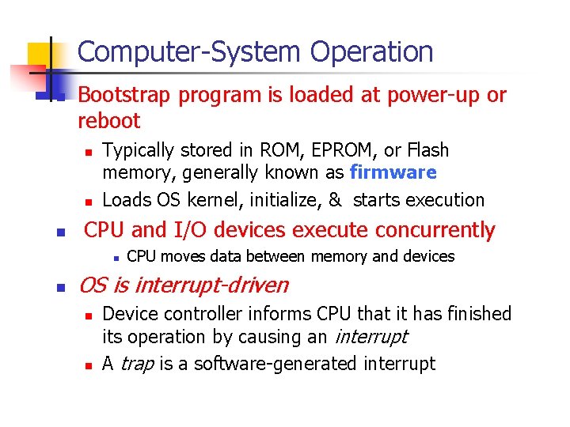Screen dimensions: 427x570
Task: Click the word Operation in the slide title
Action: (x=371, y=53)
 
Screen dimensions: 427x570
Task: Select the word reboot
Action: (x=109, y=121)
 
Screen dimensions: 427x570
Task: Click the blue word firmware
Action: (x=393, y=172)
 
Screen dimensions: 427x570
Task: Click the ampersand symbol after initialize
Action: (x=334, y=200)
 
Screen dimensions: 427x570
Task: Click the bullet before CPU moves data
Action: (x=116, y=257)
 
